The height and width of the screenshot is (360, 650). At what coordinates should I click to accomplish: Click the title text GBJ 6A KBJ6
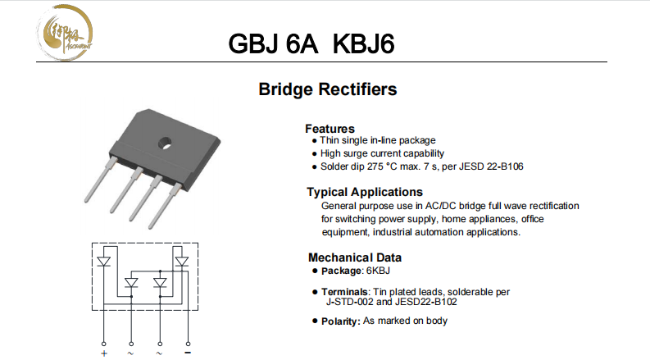(313, 43)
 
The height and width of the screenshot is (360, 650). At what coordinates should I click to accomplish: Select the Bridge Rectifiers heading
(328, 89)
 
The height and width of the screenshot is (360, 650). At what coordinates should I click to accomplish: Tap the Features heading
(330, 129)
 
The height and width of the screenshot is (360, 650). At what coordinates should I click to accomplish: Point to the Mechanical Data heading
(355, 257)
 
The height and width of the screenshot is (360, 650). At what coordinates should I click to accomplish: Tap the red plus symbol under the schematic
(104, 353)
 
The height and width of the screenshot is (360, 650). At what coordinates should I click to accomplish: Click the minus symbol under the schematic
(188, 353)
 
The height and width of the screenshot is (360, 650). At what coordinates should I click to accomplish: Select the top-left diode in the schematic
(104, 262)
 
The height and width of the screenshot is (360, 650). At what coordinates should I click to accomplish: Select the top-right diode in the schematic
(181, 262)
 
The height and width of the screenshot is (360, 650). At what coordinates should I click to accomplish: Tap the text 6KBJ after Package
(378, 271)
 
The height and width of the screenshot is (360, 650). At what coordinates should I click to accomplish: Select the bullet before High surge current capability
(314, 153)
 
